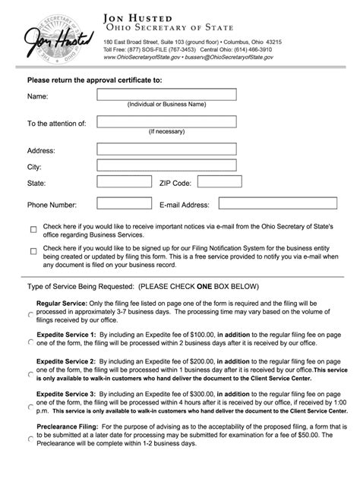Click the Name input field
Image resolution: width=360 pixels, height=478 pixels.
[x=166, y=95]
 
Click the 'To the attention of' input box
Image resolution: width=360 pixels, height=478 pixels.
[x=166, y=122]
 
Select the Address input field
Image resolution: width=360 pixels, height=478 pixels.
[x=166, y=149]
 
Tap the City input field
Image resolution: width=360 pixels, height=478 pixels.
[x=166, y=166]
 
